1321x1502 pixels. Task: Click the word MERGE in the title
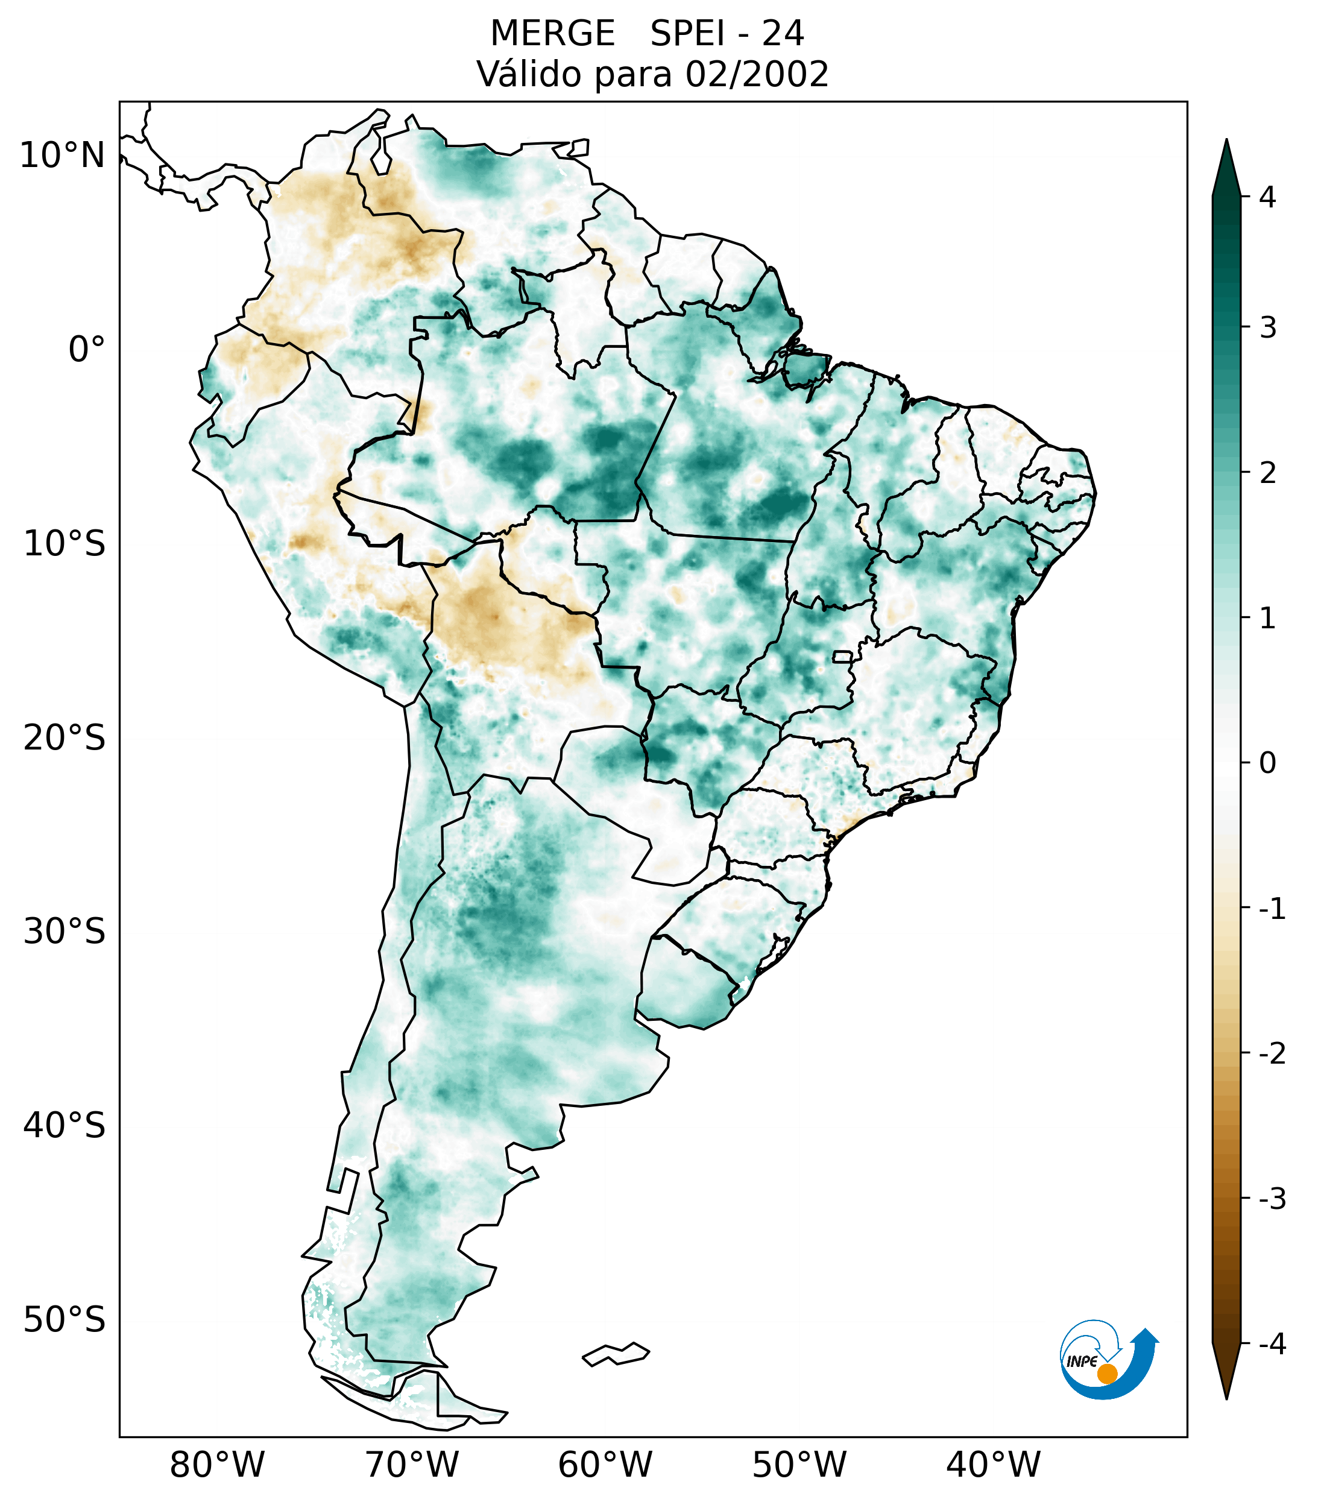pos(552,34)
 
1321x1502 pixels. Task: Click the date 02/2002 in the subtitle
pos(757,74)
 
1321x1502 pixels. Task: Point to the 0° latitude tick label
pos(87,350)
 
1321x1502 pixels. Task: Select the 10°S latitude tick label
pos(65,544)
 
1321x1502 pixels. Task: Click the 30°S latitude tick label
pos(65,932)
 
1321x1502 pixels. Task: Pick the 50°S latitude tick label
pos(65,1321)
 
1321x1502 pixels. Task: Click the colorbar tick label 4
pos(1268,197)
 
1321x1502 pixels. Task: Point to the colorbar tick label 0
pos(1268,763)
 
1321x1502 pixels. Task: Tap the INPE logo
pos(1108,1358)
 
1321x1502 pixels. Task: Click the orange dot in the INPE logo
pos(1107,1374)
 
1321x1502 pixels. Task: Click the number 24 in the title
pos(783,34)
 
